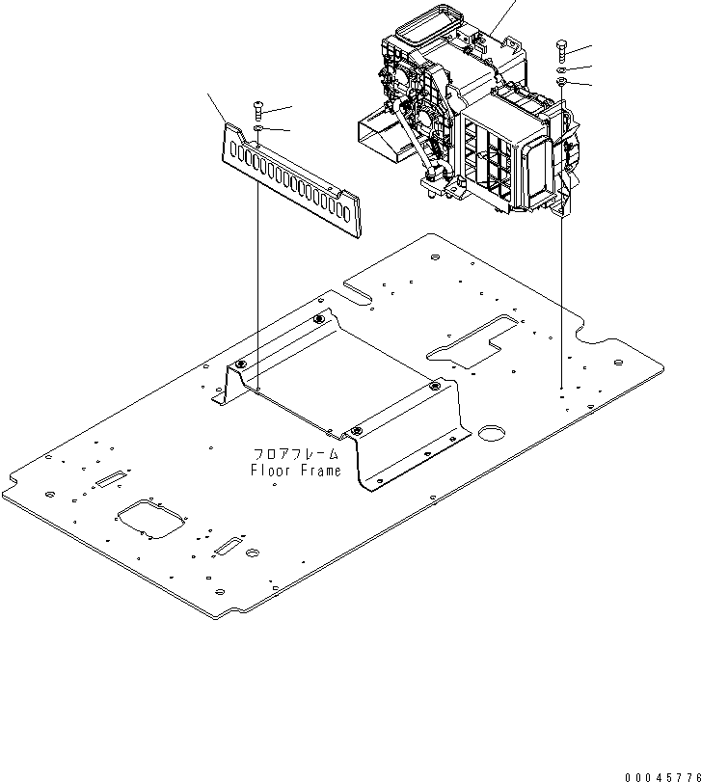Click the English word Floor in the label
point(270,472)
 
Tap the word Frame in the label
point(320,472)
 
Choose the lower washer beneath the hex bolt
point(561,83)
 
